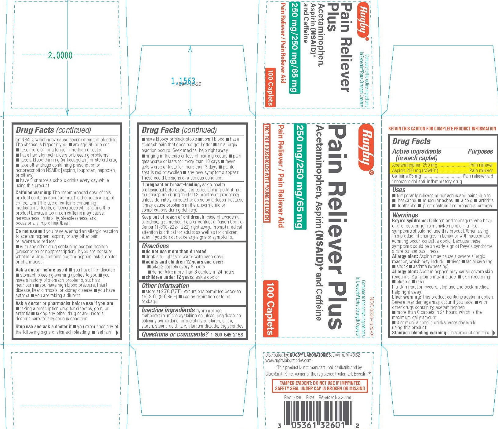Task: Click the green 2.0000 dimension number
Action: (x=60, y=55)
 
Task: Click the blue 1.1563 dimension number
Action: (x=183, y=81)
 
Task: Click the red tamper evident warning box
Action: (x=320, y=386)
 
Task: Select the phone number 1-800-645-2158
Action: (x=227, y=335)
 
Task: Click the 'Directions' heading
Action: (x=155, y=246)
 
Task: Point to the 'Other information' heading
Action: (x=165, y=286)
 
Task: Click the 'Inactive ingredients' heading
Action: (x=168, y=310)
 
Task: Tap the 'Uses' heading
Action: (x=399, y=190)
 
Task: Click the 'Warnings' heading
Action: (x=405, y=215)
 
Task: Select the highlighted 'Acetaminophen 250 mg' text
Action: (x=415, y=165)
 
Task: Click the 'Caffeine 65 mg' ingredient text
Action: (x=406, y=176)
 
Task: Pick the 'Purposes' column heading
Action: (x=480, y=151)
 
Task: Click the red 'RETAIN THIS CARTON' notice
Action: (x=442, y=129)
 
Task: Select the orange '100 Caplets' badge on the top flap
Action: (x=270, y=87)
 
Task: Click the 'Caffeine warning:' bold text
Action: (x=34, y=193)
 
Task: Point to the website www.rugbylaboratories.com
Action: (x=284, y=361)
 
